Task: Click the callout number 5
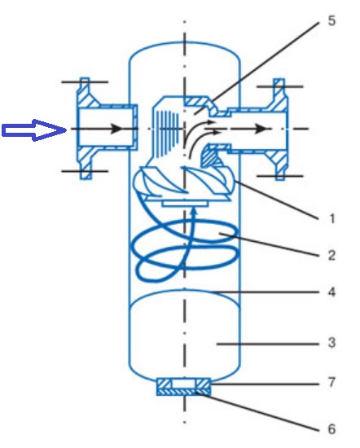pyautogui.click(x=331, y=21)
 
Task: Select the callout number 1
pyautogui.click(x=331, y=219)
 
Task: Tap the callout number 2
pyautogui.click(x=331, y=256)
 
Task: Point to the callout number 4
pyautogui.click(x=331, y=292)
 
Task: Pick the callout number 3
pyautogui.click(x=331, y=343)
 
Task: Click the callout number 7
pyautogui.click(x=331, y=382)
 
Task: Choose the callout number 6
pyautogui.click(x=331, y=428)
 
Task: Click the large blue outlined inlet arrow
pyautogui.click(x=33, y=130)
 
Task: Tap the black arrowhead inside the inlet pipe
pyautogui.click(x=116, y=129)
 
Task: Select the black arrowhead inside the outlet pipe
pyautogui.click(x=261, y=129)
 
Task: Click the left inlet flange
pyautogui.click(x=86, y=129)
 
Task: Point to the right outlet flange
pyautogui.click(x=280, y=130)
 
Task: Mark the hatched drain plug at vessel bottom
pyautogui.click(x=184, y=386)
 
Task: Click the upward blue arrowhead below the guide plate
pyautogui.click(x=194, y=212)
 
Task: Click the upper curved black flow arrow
pyautogui.click(x=197, y=125)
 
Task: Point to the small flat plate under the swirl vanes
pyautogui.click(x=184, y=204)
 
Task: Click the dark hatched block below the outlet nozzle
pyautogui.click(x=211, y=157)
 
